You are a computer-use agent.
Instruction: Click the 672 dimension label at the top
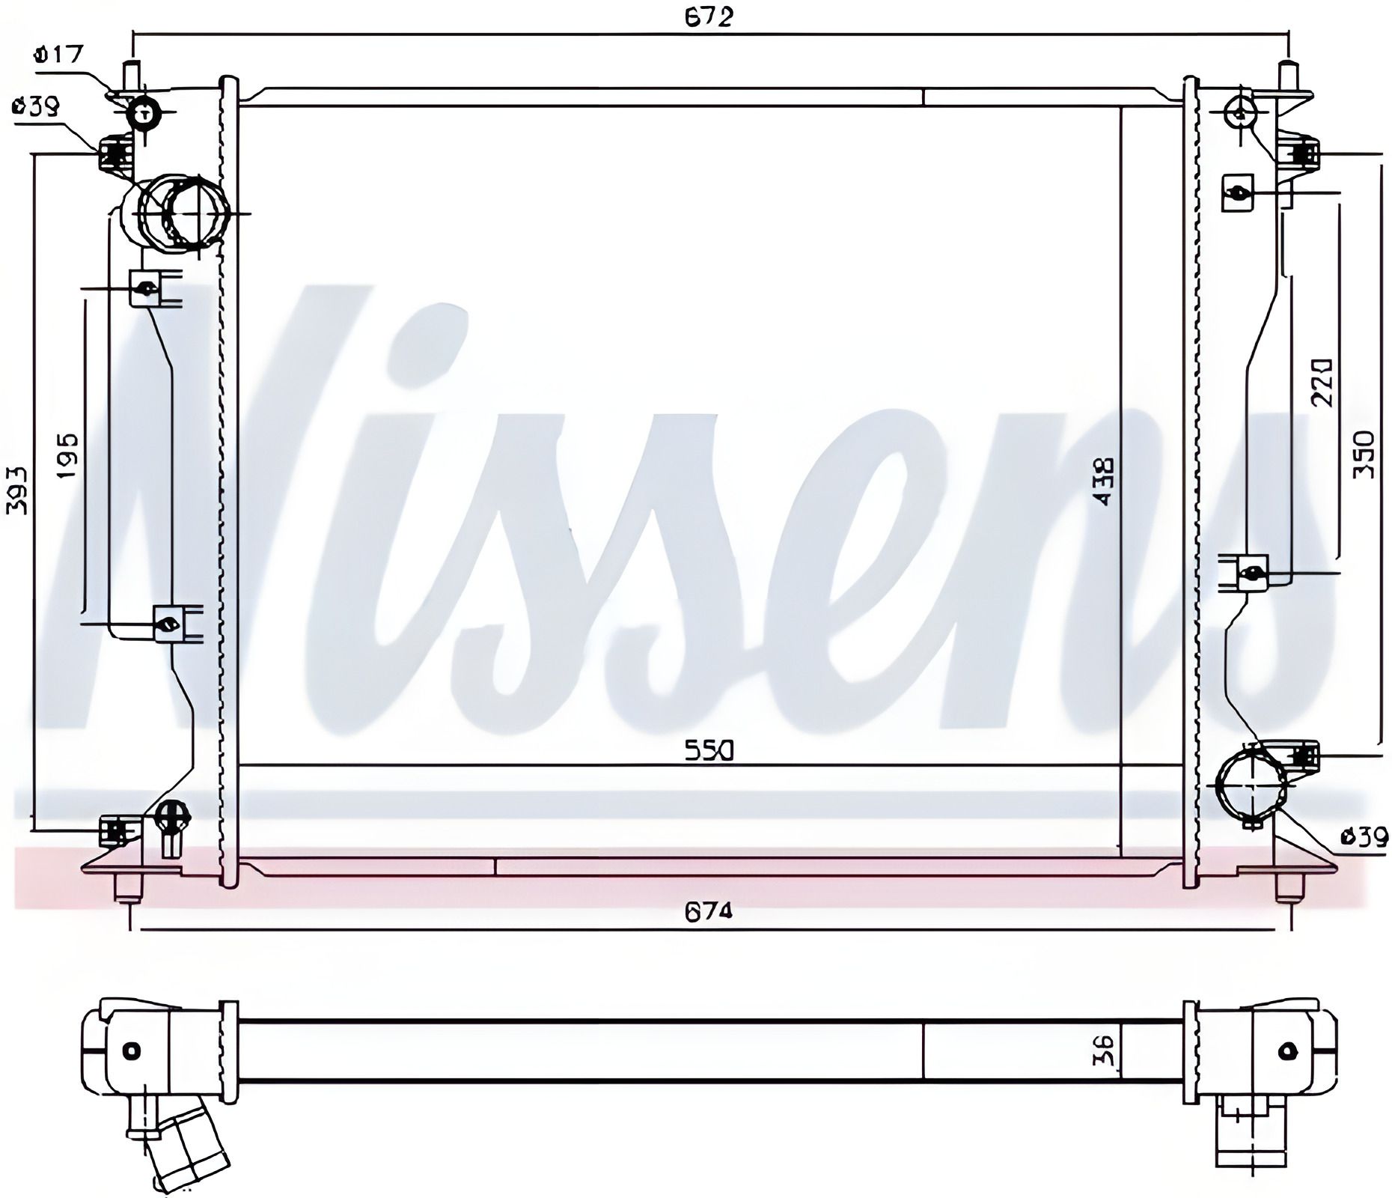coord(708,16)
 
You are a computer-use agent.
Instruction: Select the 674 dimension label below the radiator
coord(708,911)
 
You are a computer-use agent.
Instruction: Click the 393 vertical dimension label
coord(16,491)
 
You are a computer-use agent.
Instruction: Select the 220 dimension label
coord(1322,382)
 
